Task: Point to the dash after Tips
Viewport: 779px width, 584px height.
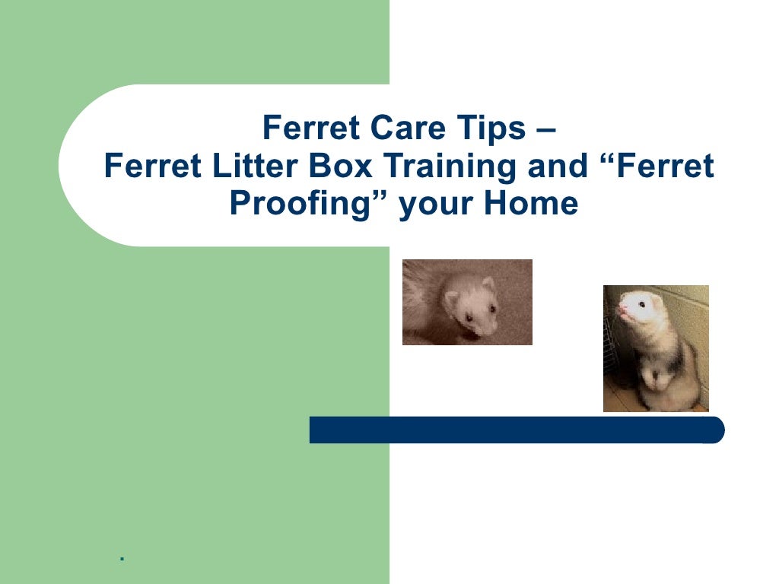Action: click(x=545, y=129)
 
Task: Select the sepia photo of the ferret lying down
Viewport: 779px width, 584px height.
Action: click(x=467, y=302)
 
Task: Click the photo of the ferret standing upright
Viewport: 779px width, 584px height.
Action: click(x=656, y=348)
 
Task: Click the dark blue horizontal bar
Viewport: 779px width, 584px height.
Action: click(x=517, y=430)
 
